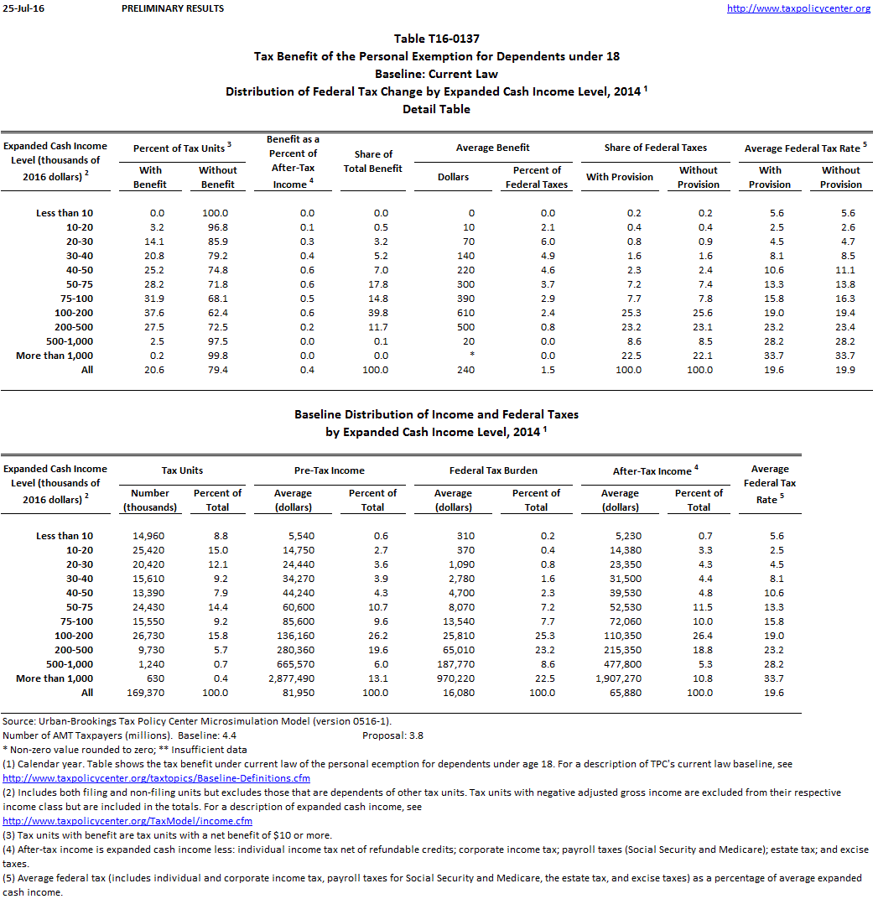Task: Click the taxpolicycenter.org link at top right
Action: [798, 8]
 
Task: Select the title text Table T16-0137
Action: [436, 39]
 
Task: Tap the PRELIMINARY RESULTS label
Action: [173, 8]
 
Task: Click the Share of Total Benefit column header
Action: [373, 161]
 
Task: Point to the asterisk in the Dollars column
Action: [471, 356]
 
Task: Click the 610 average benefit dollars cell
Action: [465, 313]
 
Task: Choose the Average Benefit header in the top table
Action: [492, 148]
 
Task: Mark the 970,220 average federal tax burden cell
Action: [454, 678]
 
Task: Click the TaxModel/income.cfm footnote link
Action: [127, 821]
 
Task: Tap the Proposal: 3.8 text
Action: [392, 735]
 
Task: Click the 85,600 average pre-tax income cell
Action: [294, 621]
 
